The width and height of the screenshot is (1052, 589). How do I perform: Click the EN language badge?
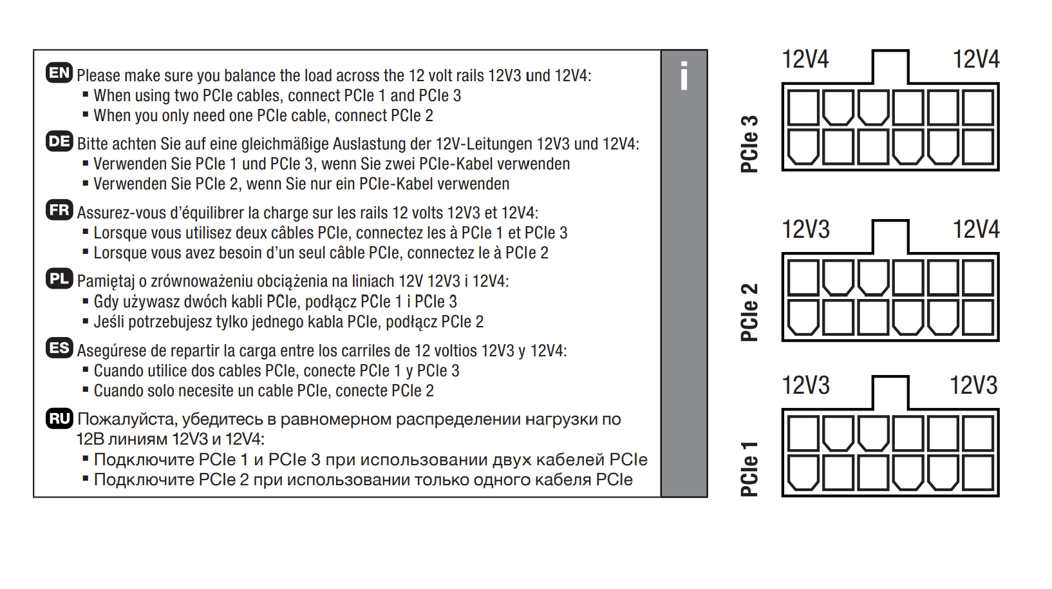tap(59, 73)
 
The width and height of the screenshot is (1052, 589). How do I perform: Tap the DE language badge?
tap(59, 142)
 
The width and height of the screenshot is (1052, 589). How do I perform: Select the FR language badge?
tap(59, 210)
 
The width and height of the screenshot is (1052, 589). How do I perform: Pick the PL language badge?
tap(59, 279)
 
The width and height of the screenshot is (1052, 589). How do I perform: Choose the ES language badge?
tap(59, 349)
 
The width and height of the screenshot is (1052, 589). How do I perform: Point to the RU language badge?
tap(59, 418)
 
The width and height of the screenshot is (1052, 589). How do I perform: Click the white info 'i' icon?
tap(684, 75)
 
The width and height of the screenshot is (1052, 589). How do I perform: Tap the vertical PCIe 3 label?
tap(749, 144)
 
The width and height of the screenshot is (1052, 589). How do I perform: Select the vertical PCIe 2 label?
tap(749, 312)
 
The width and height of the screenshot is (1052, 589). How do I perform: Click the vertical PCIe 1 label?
tap(749, 468)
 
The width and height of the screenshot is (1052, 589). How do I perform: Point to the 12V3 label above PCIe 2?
tap(806, 229)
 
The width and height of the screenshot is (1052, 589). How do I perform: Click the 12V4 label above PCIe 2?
tap(976, 229)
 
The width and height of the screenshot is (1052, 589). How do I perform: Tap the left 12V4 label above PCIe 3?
tap(805, 59)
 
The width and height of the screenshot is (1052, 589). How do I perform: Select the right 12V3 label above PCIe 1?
tap(973, 385)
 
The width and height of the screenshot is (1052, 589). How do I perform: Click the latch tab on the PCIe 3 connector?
tap(890, 67)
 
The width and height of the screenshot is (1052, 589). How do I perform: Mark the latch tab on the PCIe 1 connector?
tap(890, 392)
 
